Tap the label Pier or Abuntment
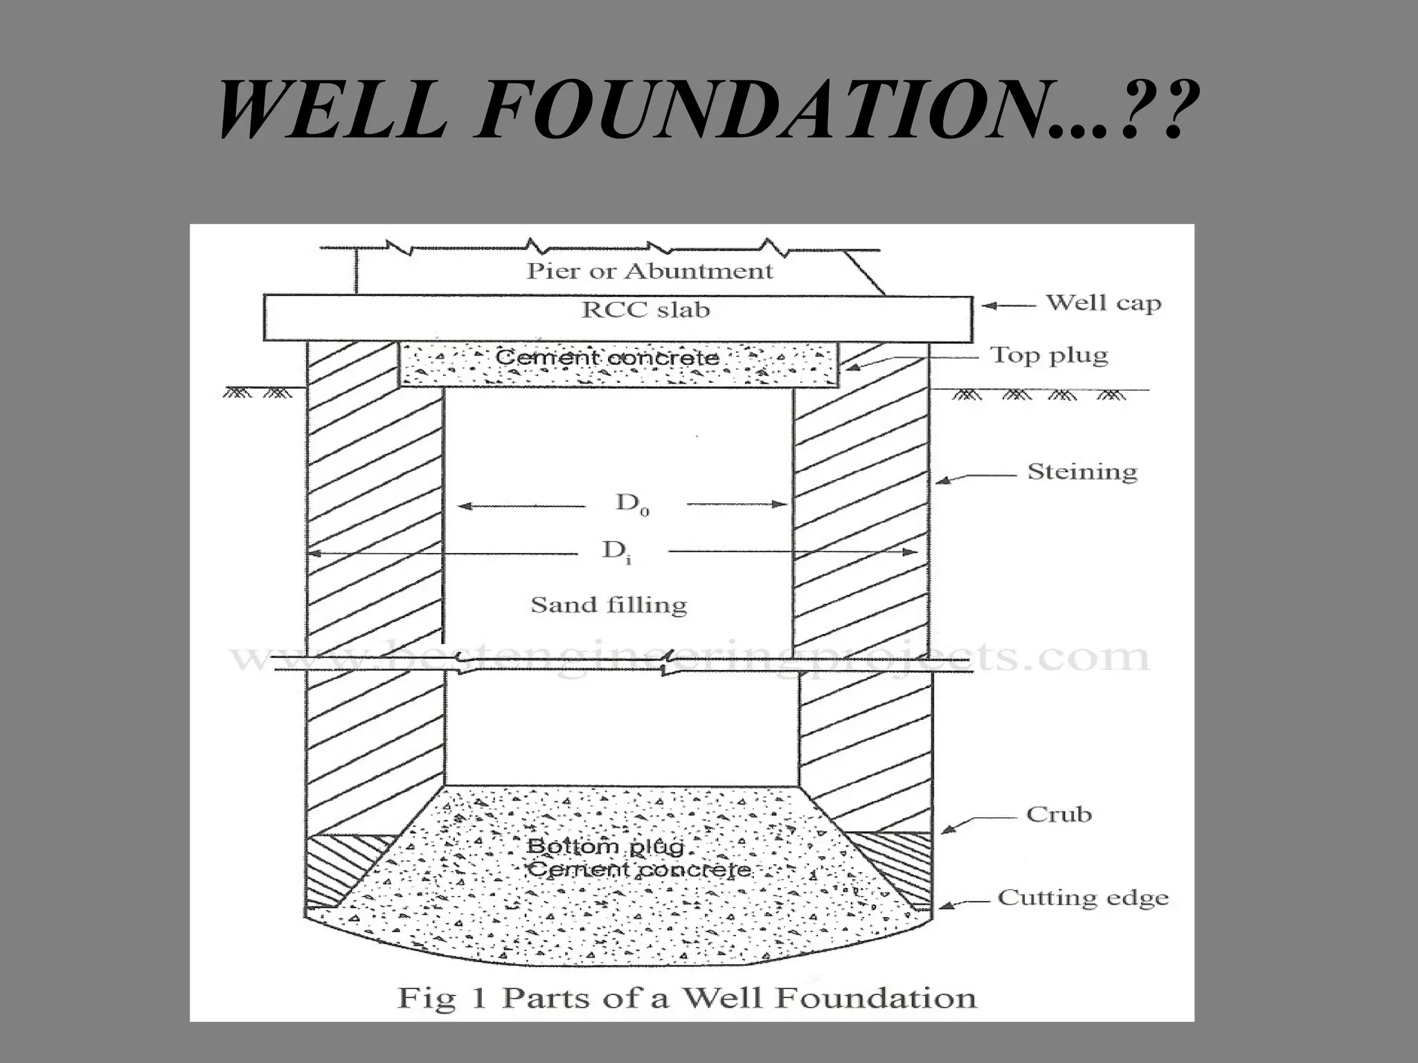pyautogui.click(x=649, y=271)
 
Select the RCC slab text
pyautogui.click(x=645, y=309)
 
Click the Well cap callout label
pyautogui.click(x=1103, y=303)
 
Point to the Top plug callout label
pyautogui.click(x=1049, y=355)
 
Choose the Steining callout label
pyautogui.click(x=1082, y=472)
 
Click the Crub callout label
pyautogui.click(x=1059, y=814)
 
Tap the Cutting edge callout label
pyautogui.click(x=1083, y=898)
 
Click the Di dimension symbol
pyautogui.click(x=618, y=552)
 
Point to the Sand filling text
pyautogui.click(x=609, y=605)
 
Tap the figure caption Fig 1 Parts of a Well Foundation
pyautogui.click(x=687, y=998)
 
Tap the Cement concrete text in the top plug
pyautogui.click(x=607, y=358)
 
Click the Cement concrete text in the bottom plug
pyautogui.click(x=638, y=869)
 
